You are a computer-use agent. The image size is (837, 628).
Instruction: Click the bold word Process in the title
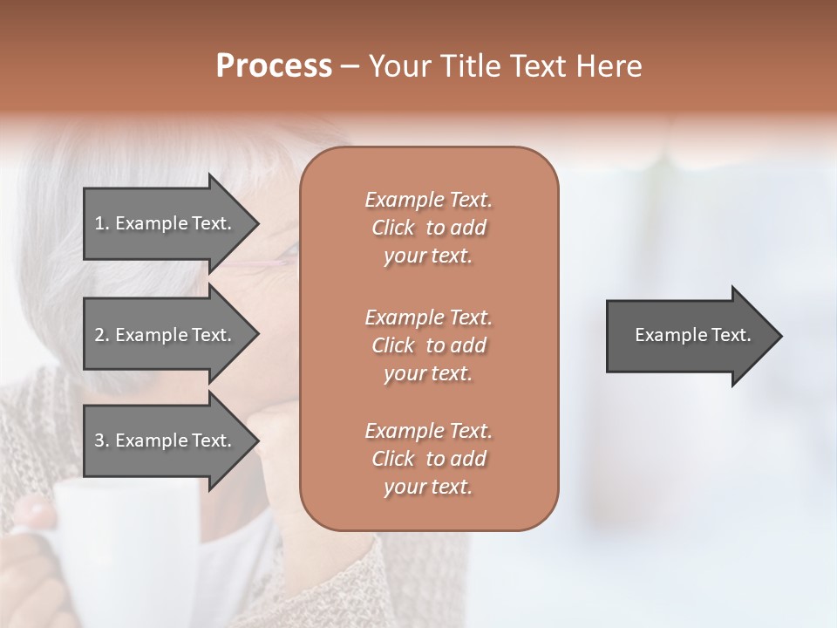(274, 66)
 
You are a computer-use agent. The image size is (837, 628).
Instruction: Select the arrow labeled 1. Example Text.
(166, 223)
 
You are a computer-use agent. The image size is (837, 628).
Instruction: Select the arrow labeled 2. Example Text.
(166, 335)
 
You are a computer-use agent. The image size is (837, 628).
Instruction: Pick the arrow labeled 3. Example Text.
(166, 440)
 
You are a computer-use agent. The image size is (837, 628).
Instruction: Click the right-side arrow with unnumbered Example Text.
(689, 335)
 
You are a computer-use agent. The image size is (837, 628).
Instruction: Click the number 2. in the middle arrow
(101, 335)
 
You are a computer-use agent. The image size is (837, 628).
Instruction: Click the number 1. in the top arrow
(101, 223)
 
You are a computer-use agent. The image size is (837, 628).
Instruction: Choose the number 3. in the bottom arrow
(101, 440)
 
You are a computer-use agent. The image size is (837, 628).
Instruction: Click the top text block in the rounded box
(428, 228)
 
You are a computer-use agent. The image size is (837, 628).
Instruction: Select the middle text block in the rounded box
(428, 345)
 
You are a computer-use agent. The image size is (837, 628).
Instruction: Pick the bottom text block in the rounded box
(428, 459)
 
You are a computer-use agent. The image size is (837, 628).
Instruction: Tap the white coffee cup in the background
(113, 541)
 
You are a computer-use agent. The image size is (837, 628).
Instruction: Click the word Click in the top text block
(393, 229)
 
